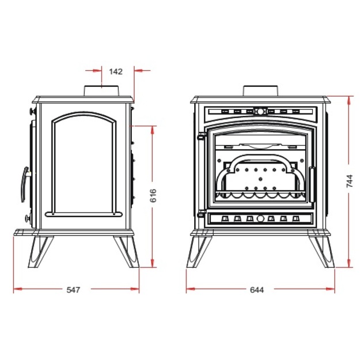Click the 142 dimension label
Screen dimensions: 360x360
tap(116, 71)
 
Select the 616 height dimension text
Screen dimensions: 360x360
tap(153, 195)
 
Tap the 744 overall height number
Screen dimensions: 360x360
tap(349, 181)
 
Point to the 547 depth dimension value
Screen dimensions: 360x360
tap(74, 290)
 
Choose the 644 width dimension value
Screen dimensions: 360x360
tap(257, 290)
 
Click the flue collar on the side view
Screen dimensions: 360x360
tap(101, 91)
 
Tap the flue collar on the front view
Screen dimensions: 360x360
tap(260, 91)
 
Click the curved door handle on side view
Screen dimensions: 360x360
tap(24, 184)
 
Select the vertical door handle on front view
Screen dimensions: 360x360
tap(312, 184)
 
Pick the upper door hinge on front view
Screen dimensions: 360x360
tap(201, 136)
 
